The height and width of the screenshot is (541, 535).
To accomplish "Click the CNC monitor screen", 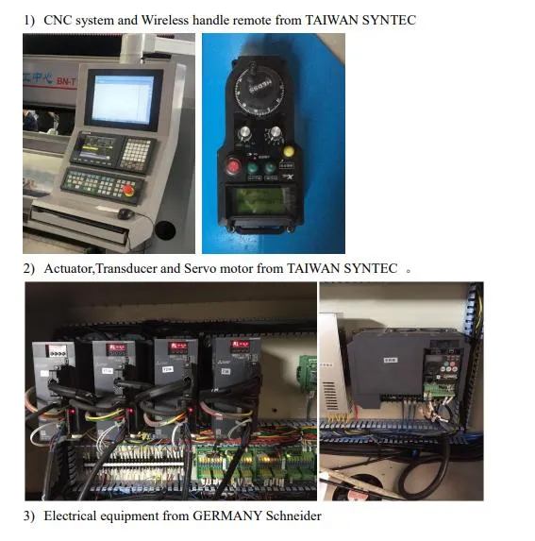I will (124, 97).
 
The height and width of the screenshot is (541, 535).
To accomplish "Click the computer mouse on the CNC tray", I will (125, 214).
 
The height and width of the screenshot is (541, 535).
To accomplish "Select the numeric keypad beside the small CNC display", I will (138, 153).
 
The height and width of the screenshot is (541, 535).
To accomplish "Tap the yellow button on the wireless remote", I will (289, 149).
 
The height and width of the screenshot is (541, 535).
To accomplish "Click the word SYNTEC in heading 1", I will (389, 20).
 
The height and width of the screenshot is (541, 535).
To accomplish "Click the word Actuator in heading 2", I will (69, 269).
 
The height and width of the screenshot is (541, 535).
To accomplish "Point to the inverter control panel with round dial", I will (443, 363).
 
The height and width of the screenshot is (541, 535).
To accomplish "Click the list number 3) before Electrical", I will (29, 516).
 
